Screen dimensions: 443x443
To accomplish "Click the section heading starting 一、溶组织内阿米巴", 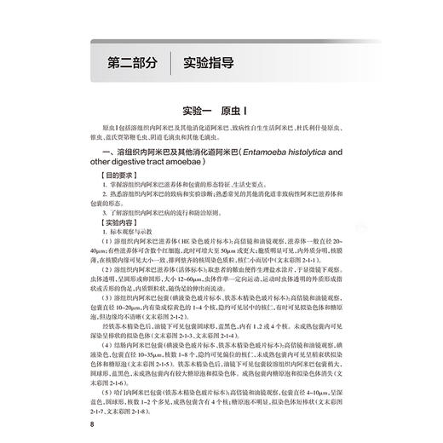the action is pyautogui.click(x=170, y=151).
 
